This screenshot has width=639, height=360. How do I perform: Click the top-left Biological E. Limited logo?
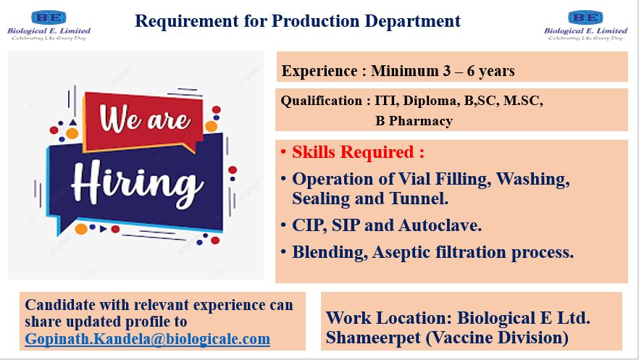(x=49, y=25)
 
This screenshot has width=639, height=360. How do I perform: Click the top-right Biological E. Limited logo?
(x=585, y=25)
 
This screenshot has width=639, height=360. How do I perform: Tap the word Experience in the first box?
(x=319, y=71)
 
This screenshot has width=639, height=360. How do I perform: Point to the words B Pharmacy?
(x=414, y=121)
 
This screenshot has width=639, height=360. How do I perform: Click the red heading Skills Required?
(x=358, y=152)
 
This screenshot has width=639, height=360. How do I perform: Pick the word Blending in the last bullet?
(x=328, y=253)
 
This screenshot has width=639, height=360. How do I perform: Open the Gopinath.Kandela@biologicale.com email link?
(x=148, y=339)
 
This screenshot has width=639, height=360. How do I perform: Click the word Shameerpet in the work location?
(x=373, y=338)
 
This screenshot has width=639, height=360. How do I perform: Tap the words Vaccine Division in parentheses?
(x=497, y=338)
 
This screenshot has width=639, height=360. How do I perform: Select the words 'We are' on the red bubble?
(x=145, y=119)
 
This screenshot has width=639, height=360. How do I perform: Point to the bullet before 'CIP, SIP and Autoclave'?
(x=283, y=225)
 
